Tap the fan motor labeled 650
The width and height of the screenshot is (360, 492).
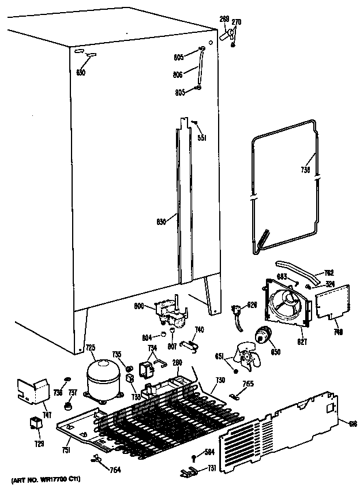(265, 334)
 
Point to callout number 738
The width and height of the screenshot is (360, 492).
(305, 170)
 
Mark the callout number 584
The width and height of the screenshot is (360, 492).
(209, 452)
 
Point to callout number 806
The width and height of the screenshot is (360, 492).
(178, 74)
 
